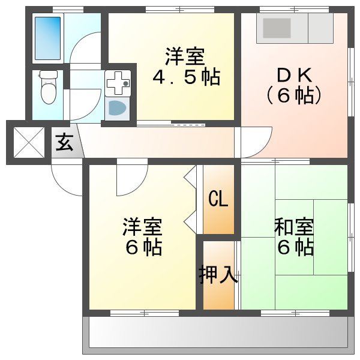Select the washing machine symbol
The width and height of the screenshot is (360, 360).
point(117,109)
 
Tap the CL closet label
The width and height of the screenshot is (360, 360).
point(218,199)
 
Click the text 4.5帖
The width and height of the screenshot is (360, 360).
point(185,77)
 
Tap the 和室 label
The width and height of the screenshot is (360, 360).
point(294,227)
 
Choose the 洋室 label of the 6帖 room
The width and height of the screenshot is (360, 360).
point(142,227)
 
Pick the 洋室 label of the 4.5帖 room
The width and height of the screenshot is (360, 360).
point(185,58)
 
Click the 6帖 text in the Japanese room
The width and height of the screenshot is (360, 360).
point(294,247)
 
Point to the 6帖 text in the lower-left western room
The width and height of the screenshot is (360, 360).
point(143,247)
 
